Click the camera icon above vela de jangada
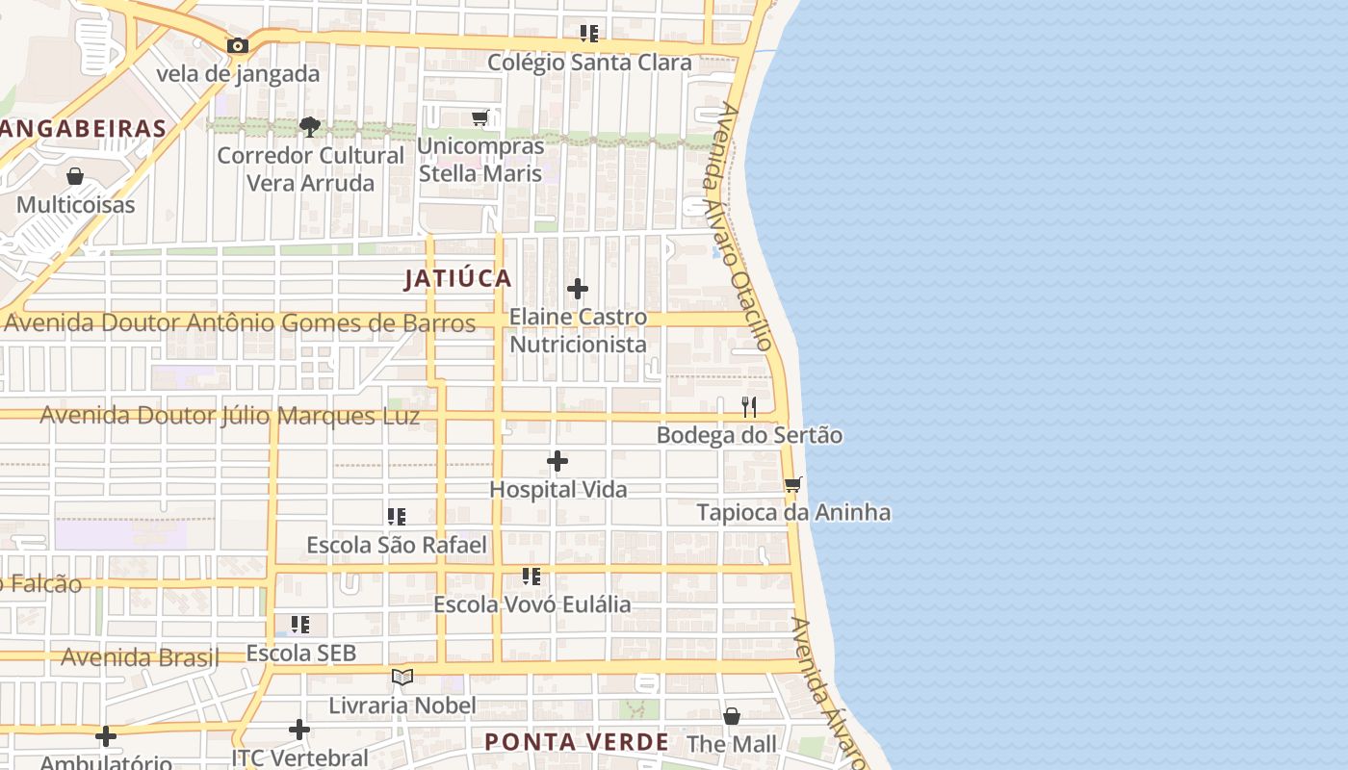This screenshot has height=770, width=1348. [x=237, y=45]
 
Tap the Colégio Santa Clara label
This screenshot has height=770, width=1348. [x=589, y=63]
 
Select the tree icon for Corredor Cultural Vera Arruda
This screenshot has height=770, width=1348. [x=309, y=126]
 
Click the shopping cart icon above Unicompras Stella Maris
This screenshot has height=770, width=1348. [x=480, y=117]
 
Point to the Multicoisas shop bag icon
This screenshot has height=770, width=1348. [x=75, y=176]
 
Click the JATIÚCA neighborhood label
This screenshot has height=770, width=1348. [x=458, y=279]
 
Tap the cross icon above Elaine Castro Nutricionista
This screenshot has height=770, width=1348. [x=578, y=288]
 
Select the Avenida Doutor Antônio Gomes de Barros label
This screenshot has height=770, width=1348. [x=239, y=323]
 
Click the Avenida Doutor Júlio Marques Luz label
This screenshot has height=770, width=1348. [x=230, y=416]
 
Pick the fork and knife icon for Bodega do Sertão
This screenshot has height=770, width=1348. [x=749, y=407]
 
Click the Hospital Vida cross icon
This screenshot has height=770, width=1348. [x=557, y=462]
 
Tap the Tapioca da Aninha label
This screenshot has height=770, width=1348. [x=793, y=512]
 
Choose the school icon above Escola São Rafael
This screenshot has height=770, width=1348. [x=397, y=517]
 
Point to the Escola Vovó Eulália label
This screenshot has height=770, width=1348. [x=532, y=604]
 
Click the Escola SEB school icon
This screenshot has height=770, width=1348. [x=300, y=625]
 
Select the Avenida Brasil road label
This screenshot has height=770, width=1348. [x=140, y=658]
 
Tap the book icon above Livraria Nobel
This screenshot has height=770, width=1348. [x=402, y=678]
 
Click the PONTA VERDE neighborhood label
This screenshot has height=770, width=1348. [x=576, y=742]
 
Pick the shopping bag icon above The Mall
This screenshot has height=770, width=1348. [x=732, y=716]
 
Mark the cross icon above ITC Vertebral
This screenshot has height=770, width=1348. [x=299, y=730]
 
